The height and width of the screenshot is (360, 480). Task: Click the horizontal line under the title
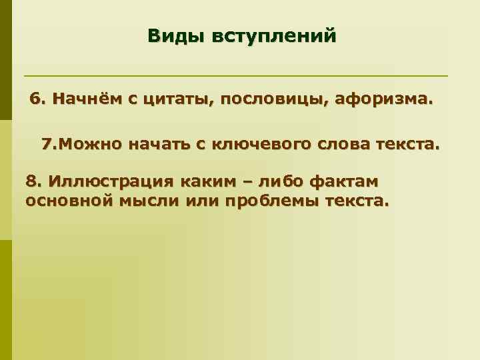[236, 75]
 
